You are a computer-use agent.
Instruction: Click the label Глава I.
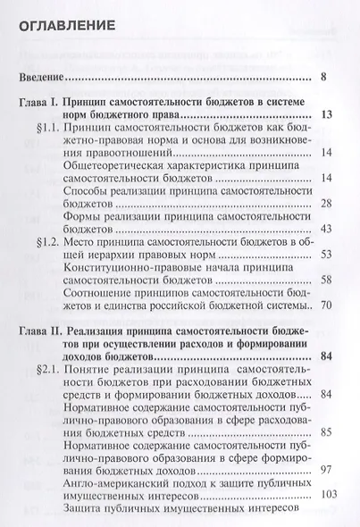42,105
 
